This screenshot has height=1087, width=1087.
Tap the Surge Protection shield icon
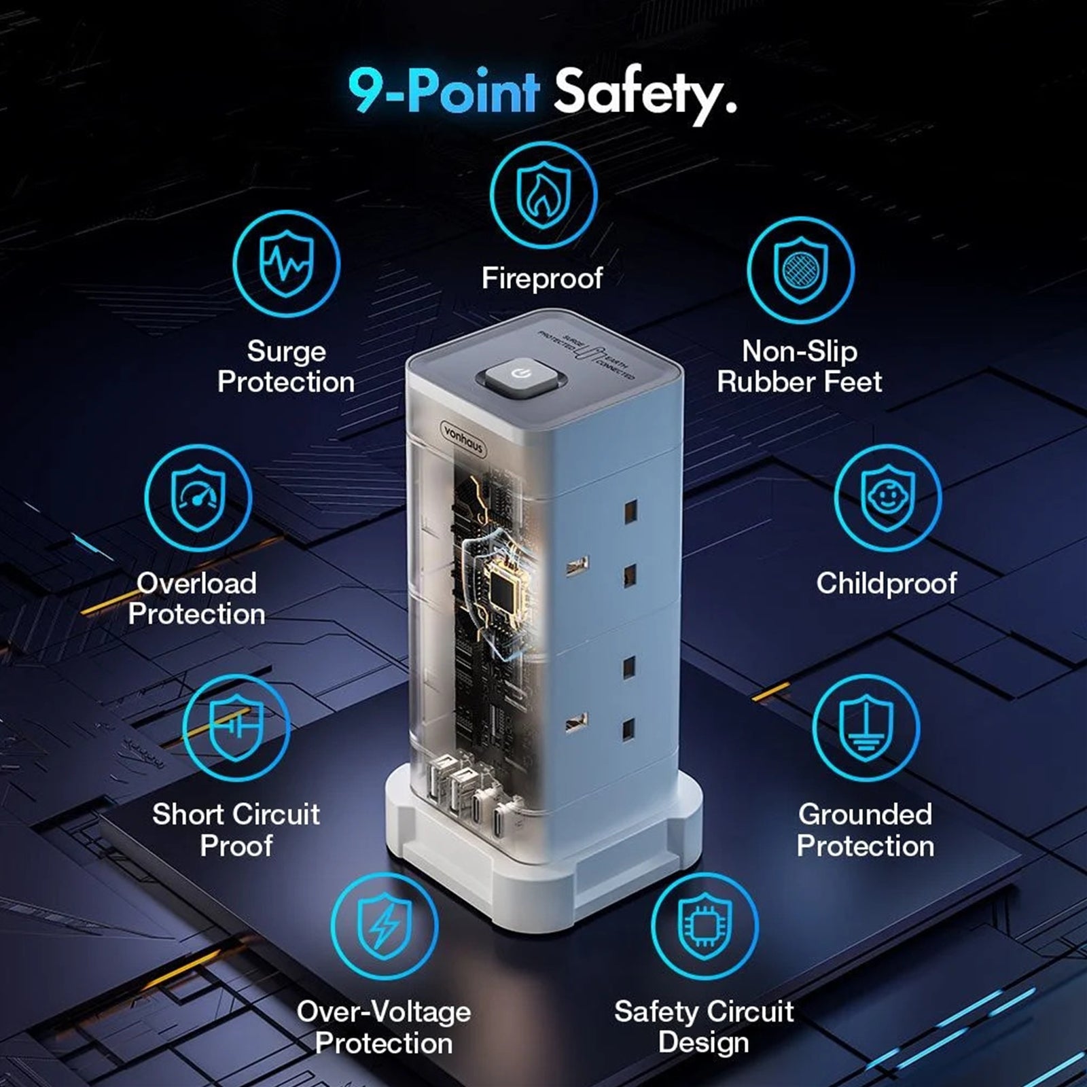(286, 264)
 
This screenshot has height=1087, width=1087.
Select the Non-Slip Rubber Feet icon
(801, 270)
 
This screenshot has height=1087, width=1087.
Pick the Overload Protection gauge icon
(198, 498)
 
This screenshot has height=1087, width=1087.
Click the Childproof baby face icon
(887, 498)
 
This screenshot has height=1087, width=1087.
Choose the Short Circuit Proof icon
(236, 728)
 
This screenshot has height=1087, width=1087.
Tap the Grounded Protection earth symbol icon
(866, 729)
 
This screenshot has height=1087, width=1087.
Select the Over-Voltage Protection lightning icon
(385, 926)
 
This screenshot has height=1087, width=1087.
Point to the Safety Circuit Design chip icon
(705, 926)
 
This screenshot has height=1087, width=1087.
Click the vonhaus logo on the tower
(464, 438)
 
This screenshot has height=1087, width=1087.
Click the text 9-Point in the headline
(444, 91)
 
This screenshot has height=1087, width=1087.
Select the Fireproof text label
(542, 278)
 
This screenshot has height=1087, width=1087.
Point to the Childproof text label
(887, 584)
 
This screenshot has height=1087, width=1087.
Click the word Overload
(197, 583)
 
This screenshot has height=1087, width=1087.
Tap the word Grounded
(866, 814)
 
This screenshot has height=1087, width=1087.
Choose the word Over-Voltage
(384, 1012)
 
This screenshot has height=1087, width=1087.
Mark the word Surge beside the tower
(286, 352)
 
